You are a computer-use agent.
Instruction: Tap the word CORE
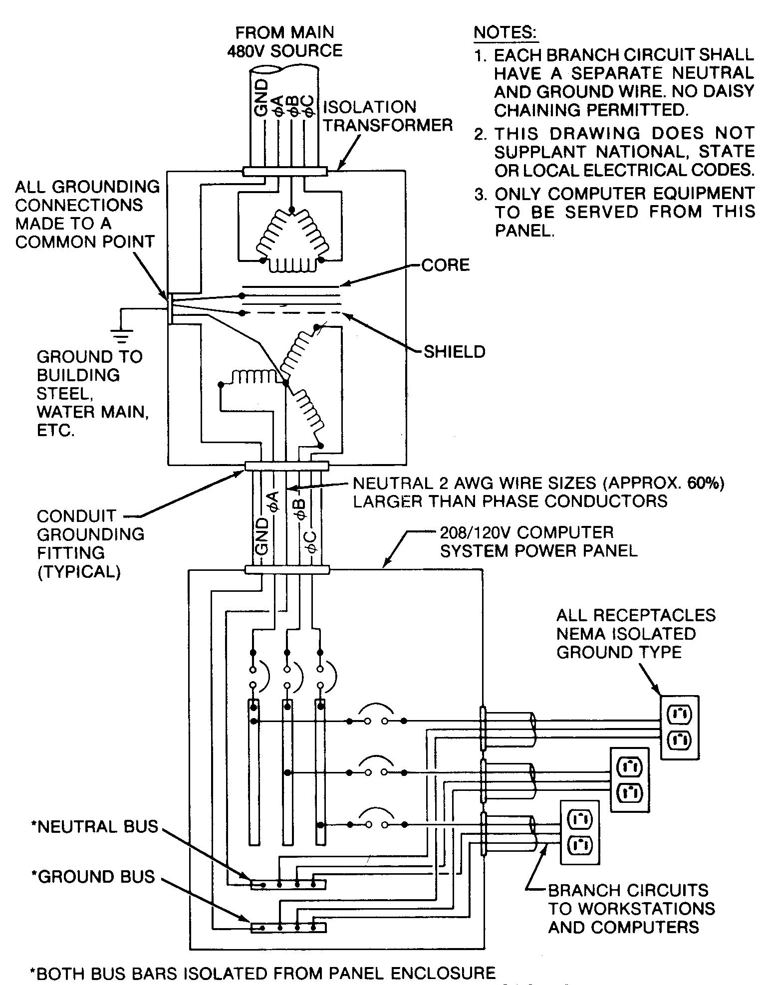(x=445, y=265)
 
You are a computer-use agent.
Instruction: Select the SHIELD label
(x=454, y=352)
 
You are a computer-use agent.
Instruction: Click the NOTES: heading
(x=505, y=32)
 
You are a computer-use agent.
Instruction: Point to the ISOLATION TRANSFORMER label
(x=388, y=116)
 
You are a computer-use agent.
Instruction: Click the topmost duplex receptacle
(x=679, y=727)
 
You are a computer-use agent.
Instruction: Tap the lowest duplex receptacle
(x=579, y=832)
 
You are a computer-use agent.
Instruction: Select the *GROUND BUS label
(x=93, y=877)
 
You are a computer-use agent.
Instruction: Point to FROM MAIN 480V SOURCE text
(x=285, y=41)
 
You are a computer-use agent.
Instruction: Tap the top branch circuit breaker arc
(x=376, y=709)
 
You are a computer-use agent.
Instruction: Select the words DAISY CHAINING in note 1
(x=624, y=100)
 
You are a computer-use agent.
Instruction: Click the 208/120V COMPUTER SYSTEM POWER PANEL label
(x=538, y=541)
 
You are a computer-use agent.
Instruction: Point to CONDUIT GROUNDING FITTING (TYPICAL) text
(x=90, y=543)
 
